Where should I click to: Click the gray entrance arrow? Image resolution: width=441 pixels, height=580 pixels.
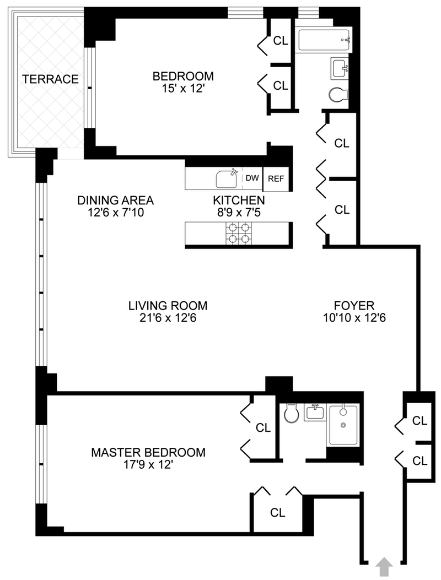coord(384,566)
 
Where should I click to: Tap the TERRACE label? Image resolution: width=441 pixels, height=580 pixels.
coord(50,79)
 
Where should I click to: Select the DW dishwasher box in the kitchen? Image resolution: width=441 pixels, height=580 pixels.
coord(252,178)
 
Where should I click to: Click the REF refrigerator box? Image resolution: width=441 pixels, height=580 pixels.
coord(275,178)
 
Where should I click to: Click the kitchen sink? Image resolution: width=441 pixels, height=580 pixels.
coord(227,178)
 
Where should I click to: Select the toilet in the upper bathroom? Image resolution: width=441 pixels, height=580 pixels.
coord(338,94)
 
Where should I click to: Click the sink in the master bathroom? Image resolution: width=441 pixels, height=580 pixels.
coord(315,411)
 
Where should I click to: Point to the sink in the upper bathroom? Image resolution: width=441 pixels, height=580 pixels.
coord(340,68)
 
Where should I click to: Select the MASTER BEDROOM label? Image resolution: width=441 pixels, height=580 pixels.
coord(148,452)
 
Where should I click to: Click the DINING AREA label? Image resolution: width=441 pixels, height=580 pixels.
coord(115,200)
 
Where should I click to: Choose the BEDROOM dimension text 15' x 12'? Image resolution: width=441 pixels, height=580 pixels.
coord(183,89)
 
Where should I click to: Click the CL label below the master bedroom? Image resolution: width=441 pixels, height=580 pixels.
coord(277,512)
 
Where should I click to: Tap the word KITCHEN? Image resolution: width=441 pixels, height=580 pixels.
coord(239,200)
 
